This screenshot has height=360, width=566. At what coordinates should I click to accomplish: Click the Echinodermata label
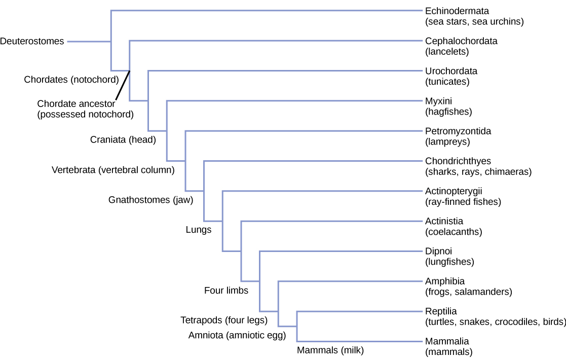(x=454, y=11)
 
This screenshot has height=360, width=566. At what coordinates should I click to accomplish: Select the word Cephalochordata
(x=461, y=41)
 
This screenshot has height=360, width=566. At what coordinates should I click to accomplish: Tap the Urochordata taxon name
(x=451, y=71)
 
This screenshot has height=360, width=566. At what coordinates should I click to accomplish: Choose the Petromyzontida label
(x=458, y=131)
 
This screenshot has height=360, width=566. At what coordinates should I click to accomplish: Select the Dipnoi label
(x=438, y=251)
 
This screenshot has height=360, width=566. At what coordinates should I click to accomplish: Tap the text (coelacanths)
(x=454, y=232)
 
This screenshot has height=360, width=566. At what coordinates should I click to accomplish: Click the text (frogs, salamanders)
(x=469, y=292)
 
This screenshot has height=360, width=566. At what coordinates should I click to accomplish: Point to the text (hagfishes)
(x=448, y=112)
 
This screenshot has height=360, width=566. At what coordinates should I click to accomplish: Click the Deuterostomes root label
(x=32, y=42)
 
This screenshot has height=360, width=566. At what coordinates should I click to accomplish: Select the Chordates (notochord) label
(x=71, y=79)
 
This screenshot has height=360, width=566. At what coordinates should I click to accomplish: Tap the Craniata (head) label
(x=123, y=139)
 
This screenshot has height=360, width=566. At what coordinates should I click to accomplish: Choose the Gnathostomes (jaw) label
(x=151, y=200)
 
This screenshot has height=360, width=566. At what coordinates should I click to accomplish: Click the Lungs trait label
(x=198, y=230)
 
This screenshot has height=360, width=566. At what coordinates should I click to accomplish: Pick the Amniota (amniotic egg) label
(x=237, y=335)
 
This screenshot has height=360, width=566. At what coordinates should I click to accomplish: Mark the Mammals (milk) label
(x=330, y=350)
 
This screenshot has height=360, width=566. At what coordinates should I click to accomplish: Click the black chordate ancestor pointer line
(x=123, y=86)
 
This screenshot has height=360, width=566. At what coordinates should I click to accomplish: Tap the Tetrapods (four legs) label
(x=224, y=320)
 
